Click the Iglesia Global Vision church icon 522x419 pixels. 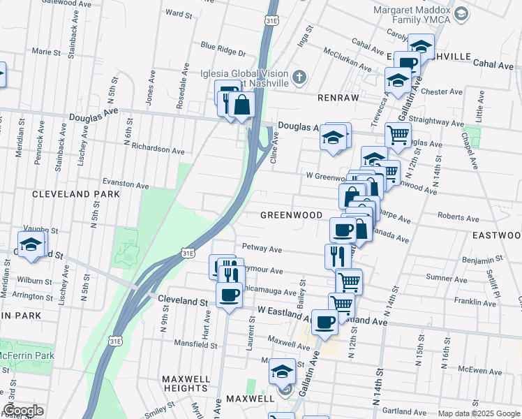coord(299,77)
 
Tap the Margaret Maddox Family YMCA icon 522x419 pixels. coord(461,13)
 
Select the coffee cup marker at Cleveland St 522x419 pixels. coord(230,294)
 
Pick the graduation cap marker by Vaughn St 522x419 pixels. coord(31,244)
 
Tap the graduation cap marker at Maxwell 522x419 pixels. coord(283,371)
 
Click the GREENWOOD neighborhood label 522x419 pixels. coord(291,215)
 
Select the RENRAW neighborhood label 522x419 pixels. coord(338,98)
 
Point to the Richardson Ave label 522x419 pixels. coord(158,150)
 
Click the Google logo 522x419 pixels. coord(24,411)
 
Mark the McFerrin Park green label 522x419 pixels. coord(27,355)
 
